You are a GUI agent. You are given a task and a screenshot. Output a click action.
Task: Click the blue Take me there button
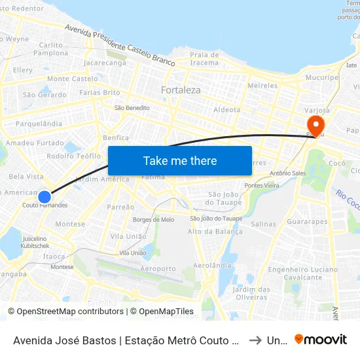(180, 161)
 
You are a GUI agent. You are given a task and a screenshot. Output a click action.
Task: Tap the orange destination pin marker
(315, 124)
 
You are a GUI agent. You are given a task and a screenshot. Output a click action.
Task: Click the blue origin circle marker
(45, 196)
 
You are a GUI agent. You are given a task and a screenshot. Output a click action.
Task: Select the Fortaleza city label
(181, 90)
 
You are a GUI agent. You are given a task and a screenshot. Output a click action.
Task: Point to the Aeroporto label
(158, 268)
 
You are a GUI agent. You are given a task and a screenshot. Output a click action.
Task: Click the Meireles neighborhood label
(263, 86)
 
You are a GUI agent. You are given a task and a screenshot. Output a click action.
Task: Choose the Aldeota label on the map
(227, 110)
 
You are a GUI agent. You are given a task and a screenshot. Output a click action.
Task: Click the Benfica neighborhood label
(116, 137)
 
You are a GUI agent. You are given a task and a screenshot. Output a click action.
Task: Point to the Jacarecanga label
(105, 63)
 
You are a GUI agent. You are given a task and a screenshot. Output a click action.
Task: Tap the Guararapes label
(307, 222)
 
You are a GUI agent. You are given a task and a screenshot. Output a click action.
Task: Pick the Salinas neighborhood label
(263, 224)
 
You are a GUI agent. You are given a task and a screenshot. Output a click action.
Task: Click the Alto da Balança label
(215, 231)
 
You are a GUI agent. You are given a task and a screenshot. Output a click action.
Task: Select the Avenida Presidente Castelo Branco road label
(120, 45)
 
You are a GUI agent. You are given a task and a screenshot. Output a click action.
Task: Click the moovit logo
(321, 339)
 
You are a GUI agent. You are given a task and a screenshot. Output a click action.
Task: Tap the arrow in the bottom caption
(255, 340)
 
